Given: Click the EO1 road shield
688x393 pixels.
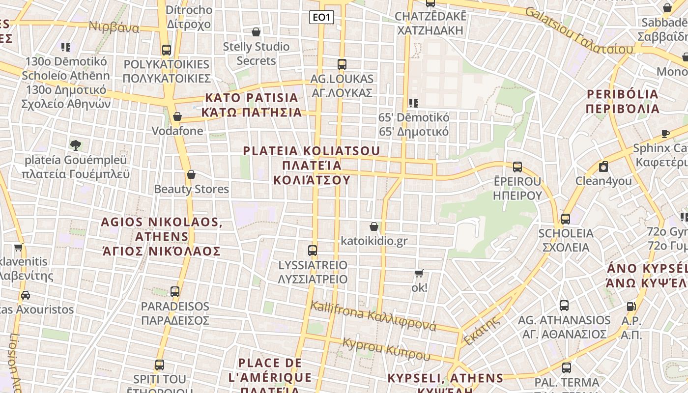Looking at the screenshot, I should (321, 18).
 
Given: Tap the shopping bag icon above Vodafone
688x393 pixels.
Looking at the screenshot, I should (177, 116).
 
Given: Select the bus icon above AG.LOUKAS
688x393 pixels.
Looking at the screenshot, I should (342, 64).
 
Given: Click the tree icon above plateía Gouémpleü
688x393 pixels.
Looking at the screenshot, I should (76, 145).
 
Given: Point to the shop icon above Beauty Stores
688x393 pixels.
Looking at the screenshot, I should (191, 174).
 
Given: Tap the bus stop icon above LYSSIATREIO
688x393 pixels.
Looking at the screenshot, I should (313, 251).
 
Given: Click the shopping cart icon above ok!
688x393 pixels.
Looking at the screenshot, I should (419, 273).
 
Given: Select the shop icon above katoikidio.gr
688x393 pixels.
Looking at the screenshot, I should (374, 226).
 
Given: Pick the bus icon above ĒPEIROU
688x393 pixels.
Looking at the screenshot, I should (517, 167).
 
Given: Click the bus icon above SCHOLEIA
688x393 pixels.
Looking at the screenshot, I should (566, 219).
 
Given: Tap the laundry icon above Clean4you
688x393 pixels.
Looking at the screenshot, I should (603, 167).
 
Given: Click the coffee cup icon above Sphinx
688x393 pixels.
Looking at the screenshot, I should (665, 134).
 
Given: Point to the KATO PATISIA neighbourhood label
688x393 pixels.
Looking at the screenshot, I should (252, 105).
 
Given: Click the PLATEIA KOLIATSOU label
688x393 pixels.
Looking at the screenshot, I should (312, 165).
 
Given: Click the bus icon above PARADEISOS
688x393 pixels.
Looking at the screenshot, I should (175, 292).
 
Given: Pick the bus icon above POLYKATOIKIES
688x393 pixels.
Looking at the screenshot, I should (167, 50).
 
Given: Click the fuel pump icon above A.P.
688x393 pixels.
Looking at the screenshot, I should (631, 307).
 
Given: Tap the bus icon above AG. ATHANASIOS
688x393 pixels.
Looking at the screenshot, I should (564, 306).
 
